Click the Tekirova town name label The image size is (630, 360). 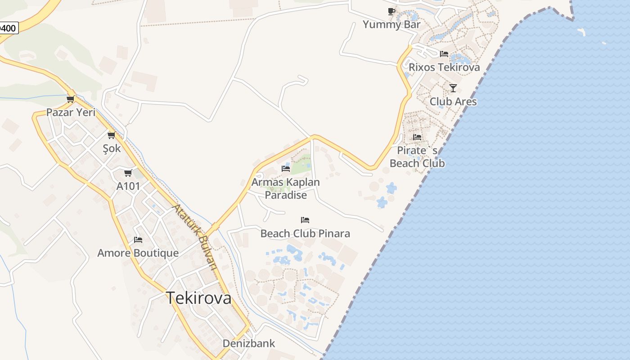coord(199,298)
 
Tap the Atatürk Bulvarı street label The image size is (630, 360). coord(196,237)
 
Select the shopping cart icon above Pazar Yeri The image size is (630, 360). coord(70,99)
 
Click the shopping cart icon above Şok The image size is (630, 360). coord(111,135)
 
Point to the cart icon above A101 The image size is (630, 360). coord(128,173)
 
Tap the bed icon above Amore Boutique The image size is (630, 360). coord(138,240)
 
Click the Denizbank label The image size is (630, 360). coord(249,343)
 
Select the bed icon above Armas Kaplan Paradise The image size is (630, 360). coord(286,169)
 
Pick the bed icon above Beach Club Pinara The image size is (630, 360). coord(305,220)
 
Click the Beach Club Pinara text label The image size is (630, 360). coord(305,234)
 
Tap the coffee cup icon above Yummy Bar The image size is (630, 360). coord(391,11)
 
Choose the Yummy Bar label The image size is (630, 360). coord(391,24)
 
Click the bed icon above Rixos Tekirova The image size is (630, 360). coord(444,54)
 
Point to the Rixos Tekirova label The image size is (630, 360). coord(444,67)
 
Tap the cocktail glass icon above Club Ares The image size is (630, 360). coord(453,88)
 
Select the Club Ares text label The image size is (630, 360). coord(453,101)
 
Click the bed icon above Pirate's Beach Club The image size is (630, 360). coord(417,137)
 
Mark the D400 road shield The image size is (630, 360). coord(8,28)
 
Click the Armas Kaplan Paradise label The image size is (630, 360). coord(286,189)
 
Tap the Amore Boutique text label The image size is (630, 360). coord(138,253)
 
